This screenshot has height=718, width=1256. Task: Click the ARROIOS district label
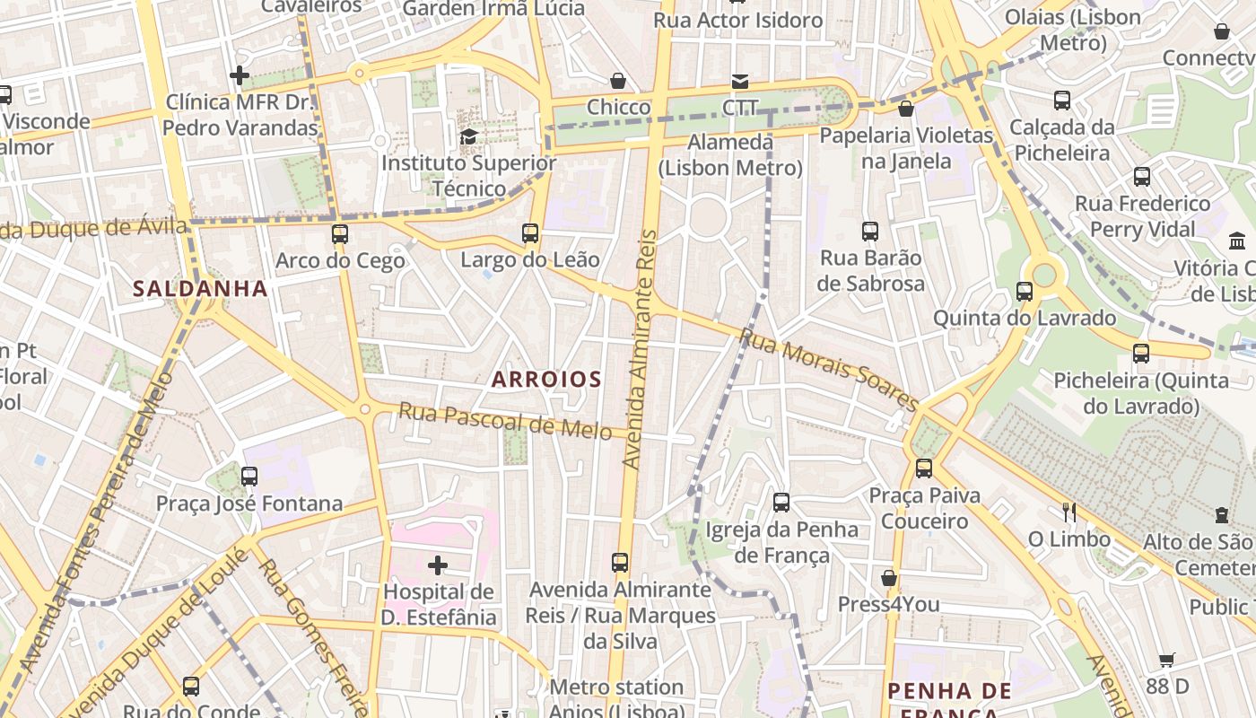pyautogui.click(x=546, y=379)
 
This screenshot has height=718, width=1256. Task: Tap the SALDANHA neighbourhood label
pyautogui.click(x=200, y=288)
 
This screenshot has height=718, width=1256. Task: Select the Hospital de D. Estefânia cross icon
pyautogui.click(x=438, y=565)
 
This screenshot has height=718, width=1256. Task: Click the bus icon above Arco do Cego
pyautogui.click(x=339, y=234)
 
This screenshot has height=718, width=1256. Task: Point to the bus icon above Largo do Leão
pyautogui.click(x=530, y=233)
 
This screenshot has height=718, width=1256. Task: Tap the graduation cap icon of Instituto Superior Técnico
pyautogui.click(x=468, y=136)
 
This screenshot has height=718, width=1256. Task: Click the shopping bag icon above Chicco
pyautogui.click(x=618, y=81)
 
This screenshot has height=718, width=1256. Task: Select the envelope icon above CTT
pyautogui.click(x=739, y=81)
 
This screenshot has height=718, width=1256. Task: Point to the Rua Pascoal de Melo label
pyautogui.click(x=505, y=421)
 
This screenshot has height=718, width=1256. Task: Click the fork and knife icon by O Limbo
pyautogui.click(x=1069, y=512)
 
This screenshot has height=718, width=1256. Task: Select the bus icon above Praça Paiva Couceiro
pyautogui.click(x=924, y=468)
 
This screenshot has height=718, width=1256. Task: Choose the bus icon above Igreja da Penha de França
pyautogui.click(x=781, y=502)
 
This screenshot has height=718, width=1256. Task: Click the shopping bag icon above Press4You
pyautogui.click(x=889, y=578)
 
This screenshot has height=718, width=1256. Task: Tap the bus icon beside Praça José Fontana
pyautogui.click(x=249, y=477)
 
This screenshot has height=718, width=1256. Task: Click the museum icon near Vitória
pyautogui.click(x=1237, y=241)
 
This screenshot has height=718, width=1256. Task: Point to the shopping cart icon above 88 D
pyautogui.click(x=1166, y=660)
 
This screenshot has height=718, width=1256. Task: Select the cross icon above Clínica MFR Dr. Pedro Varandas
pyautogui.click(x=240, y=75)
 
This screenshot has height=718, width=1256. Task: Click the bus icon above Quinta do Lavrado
pyautogui.click(x=1025, y=291)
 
